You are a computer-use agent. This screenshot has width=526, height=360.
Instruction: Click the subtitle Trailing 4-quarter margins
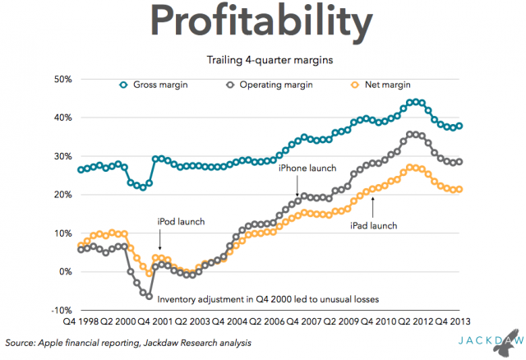point(264,59)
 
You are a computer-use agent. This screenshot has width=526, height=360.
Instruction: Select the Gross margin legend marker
point(124,85)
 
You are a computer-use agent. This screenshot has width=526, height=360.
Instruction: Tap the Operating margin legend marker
point(229,85)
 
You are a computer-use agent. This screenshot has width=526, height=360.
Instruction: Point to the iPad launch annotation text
point(374,225)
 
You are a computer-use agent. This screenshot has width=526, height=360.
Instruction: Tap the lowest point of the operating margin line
point(150,295)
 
